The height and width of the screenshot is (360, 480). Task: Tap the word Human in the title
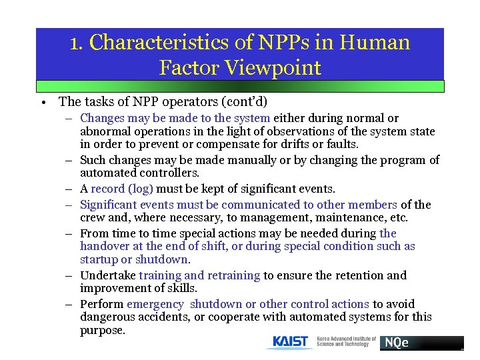[375, 43]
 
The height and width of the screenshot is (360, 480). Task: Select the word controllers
[163, 173]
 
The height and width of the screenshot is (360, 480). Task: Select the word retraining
[234, 275]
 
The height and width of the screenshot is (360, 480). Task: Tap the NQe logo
[396, 343]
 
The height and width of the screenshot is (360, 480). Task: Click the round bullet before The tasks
[42, 103]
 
